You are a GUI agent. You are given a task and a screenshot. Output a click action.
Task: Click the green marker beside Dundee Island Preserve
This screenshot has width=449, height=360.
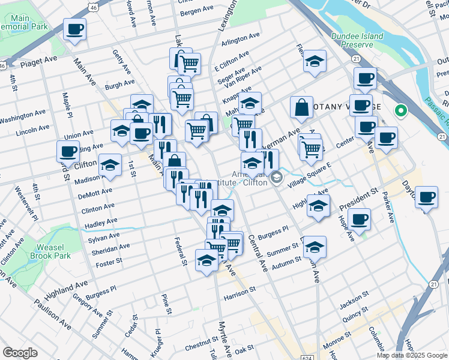point(400,111)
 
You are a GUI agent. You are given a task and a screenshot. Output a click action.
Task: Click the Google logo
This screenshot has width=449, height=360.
point(19,353)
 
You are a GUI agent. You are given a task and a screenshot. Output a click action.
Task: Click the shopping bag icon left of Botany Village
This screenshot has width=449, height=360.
point(301,108)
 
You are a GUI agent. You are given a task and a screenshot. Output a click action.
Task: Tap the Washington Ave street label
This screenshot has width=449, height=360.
point(23,116)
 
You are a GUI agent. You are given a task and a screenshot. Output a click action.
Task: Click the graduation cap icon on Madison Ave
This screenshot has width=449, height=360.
point(110,165)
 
